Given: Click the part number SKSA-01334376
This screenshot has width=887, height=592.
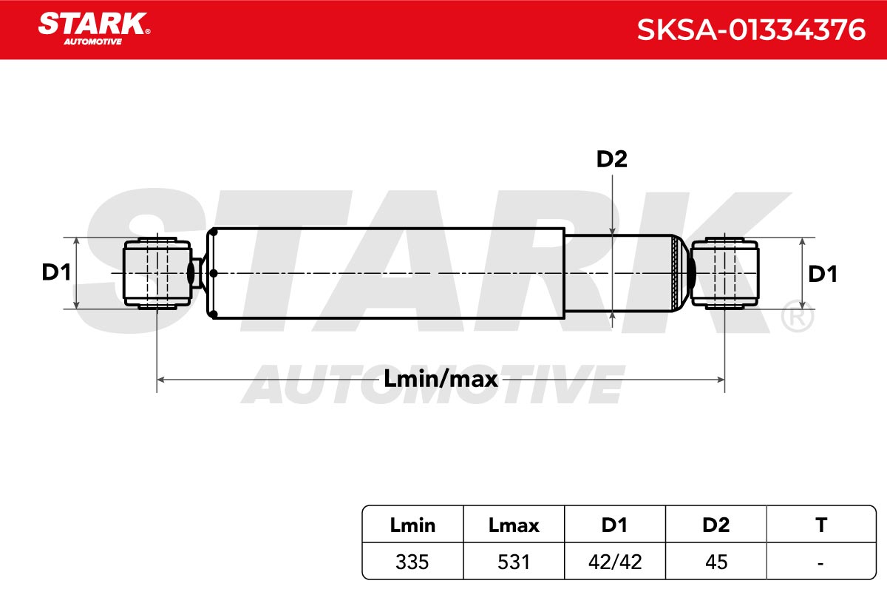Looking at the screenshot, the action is click(x=751, y=30).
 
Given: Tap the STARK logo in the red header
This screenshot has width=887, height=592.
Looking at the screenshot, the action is click(x=94, y=29).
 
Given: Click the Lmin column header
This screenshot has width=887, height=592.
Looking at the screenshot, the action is click(x=412, y=525).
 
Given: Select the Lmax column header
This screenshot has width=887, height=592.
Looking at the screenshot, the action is click(x=514, y=525).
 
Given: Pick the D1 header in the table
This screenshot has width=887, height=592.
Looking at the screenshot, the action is click(x=614, y=525).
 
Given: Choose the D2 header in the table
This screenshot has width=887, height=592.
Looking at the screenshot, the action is click(x=716, y=525).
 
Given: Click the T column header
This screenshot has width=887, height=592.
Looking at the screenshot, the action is click(x=821, y=525).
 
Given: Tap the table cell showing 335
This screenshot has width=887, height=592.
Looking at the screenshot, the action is click(x=412, y=562).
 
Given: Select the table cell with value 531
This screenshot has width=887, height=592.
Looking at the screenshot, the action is click(x=514, y=562).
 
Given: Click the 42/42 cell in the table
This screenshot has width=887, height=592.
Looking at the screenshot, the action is click(x=615, y=562).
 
